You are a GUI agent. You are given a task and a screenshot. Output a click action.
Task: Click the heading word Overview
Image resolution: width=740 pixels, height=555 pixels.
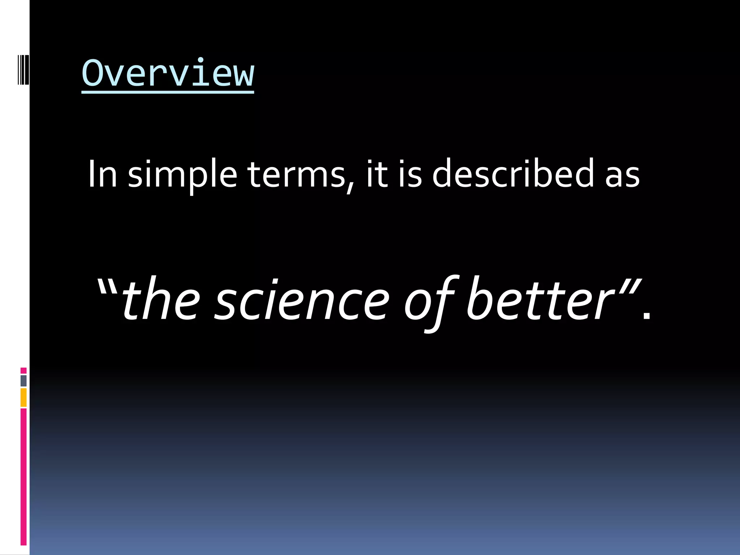pyautogui.click(x=168, y=74)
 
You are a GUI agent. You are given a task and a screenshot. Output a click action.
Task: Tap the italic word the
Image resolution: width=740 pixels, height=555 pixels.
pyautogui.click(x=161, y=299)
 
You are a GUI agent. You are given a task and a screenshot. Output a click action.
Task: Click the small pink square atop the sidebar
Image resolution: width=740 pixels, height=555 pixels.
pyautogui.click(x=23, y=371)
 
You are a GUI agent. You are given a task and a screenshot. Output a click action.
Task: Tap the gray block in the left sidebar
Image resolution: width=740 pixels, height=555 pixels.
pyautogui.click(x=23, y=381)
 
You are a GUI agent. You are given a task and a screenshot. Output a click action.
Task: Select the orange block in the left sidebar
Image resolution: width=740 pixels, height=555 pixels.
pyautogui.click(x=23, y=397)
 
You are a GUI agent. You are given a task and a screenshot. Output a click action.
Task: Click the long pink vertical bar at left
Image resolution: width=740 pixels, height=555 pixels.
pyautogui.click(x=23, y=477)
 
